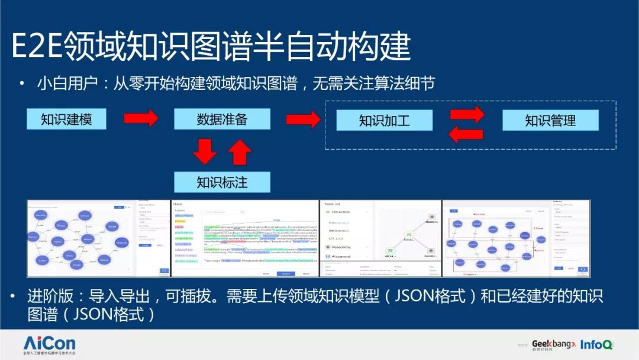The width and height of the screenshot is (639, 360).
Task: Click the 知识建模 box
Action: [x=66, y=119]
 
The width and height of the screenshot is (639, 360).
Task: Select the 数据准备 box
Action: [x=222, y=119]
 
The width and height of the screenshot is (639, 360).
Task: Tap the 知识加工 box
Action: [x=384, y=121]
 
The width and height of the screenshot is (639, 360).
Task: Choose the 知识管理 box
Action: [x=550, y=121]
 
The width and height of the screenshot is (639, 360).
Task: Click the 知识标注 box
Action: [x=222, y=182]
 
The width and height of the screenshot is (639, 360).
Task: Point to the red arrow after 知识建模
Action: [x=141, y=118]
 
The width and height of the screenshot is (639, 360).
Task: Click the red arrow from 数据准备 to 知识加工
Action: [x=303, y=120]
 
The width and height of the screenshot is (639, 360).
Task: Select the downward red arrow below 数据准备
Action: [x=205, y=151]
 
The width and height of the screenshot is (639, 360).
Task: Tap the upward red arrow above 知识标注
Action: [x=239, y=151]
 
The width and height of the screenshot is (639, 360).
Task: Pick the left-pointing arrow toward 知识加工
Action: [x=466, y=134]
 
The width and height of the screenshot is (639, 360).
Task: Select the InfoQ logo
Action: [x=596, y=344]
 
